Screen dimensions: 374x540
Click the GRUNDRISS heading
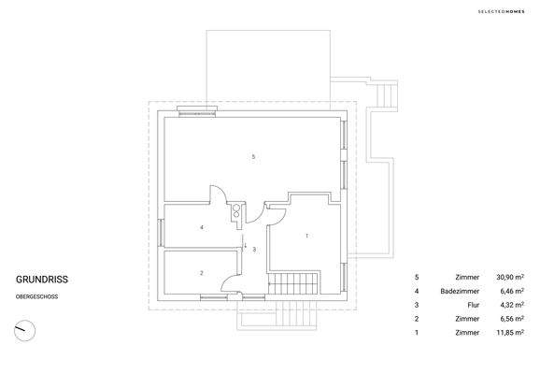pyautogui.click(x=42, y=279)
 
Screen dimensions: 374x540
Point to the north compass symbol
pyautogui.click(x=24, y=330)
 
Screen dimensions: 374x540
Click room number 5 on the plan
pyautogui.click(x=253, y=156)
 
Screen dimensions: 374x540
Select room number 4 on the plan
pyautogui.click(x=202, y=227)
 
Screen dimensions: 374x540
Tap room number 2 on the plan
pyautogui.click(x=202, y=272)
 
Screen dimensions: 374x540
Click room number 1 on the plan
pyautogui.click(x=306, y=237)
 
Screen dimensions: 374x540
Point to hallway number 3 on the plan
pyautogui.click(x=254, y=250)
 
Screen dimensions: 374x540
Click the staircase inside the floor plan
pyautogui.click(x=294, y=283)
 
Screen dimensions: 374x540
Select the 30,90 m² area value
pyautogui.click(x=506, y=278)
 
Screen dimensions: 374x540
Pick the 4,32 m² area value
pyautogui.click(x=508, y=305)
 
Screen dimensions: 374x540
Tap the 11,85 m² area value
pyautogui.click(x=506, y=332)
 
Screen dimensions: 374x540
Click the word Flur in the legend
pyautogui.click(x=473, y=305)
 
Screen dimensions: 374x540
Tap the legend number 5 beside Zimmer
pyautogui.click(x=417, y=278)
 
